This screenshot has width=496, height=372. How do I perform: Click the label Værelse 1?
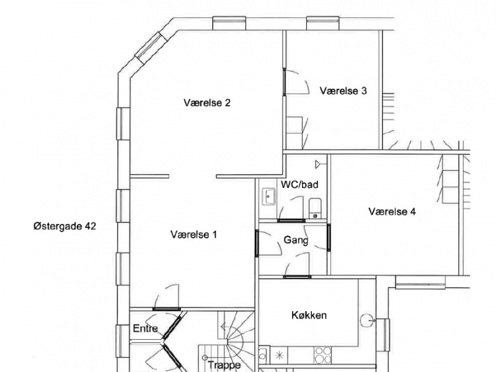193,234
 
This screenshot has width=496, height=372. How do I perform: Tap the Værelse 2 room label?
207,103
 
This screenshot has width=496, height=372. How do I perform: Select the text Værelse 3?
343,91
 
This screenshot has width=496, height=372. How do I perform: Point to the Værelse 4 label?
392,211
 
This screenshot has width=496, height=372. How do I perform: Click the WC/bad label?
300,184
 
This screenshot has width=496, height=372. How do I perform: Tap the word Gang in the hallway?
296,239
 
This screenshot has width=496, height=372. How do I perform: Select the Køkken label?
309,315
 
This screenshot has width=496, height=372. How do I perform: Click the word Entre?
146,329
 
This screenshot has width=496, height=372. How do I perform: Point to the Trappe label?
224,365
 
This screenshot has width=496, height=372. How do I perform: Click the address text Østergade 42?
64,227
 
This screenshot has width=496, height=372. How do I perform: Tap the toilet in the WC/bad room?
315,207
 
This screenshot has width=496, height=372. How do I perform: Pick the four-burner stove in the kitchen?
323,355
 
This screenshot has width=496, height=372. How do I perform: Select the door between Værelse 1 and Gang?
257,242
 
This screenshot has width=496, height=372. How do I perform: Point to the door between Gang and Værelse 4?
329,237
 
